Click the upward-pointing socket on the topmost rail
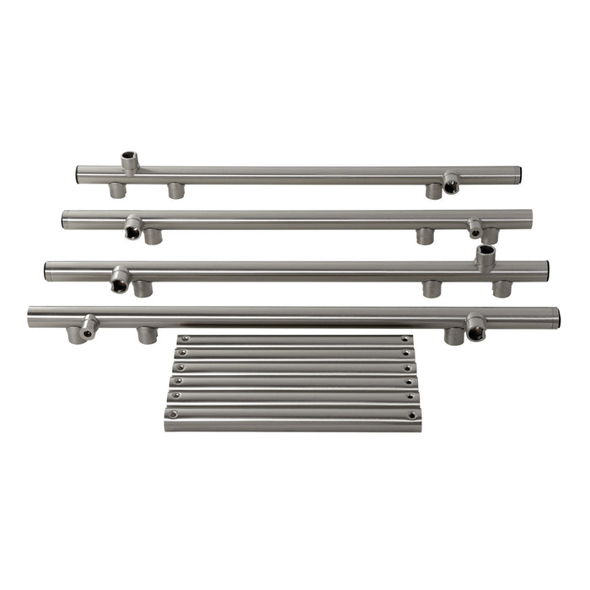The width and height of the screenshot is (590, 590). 128,159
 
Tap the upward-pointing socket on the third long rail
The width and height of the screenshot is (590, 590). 484,255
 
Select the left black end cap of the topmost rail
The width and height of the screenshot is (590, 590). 79,174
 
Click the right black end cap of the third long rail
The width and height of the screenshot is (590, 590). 546,271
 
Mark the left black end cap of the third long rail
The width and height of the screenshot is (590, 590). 47,271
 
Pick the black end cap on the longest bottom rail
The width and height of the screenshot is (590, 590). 556,318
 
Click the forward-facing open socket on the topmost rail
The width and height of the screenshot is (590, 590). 452,183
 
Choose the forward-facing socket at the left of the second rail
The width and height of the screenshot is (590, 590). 133,228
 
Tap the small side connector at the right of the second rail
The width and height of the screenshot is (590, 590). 475,228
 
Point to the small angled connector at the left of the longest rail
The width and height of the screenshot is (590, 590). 88,326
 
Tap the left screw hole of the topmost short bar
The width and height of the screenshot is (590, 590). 183,339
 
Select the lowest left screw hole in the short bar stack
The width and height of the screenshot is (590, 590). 173,414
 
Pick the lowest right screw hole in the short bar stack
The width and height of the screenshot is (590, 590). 414,414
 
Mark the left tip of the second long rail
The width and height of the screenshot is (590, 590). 63,220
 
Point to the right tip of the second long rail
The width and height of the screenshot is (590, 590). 531,219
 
